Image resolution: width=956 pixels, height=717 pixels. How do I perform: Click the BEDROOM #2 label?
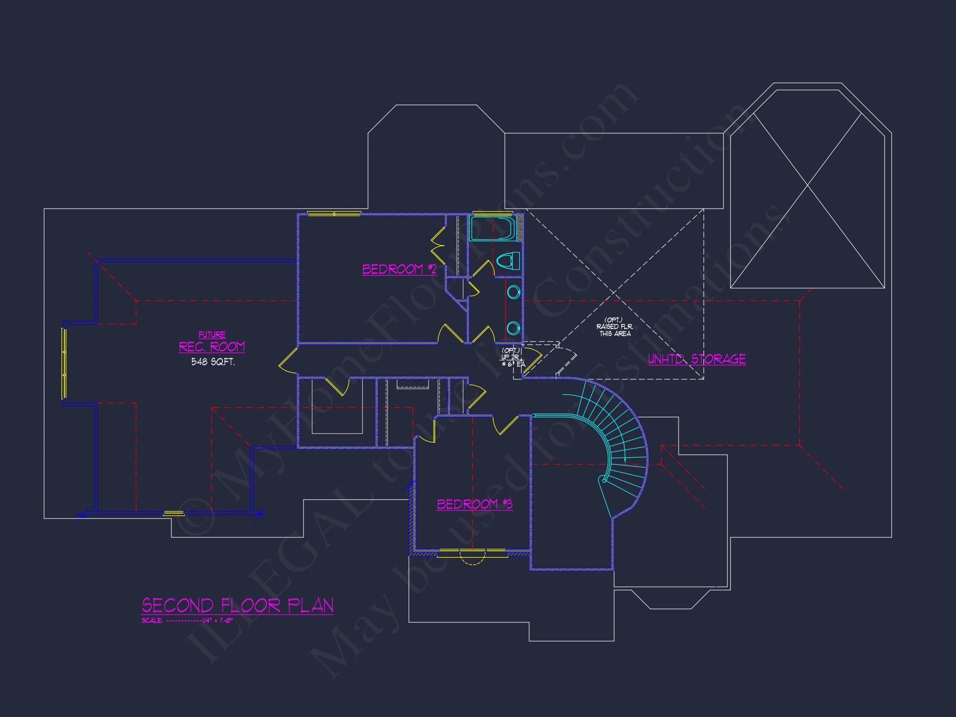tap(399, 269)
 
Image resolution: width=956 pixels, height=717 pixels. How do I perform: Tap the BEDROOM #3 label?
tap(474, 505)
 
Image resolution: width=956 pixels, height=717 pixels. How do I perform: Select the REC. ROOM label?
tap(212, 346)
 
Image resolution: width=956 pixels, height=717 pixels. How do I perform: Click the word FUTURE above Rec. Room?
tap(212, 334)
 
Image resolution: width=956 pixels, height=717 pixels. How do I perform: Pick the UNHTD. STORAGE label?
tap(697, 359)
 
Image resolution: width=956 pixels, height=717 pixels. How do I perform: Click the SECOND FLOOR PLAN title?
tap(238, 605)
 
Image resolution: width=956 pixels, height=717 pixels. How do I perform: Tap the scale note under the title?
tap(187, 621)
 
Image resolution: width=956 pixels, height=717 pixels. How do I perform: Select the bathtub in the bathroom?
tap(493, 229)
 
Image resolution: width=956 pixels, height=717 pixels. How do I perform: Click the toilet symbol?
tap(508, 261)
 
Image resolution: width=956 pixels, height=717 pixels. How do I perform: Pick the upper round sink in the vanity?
tap(513, 292)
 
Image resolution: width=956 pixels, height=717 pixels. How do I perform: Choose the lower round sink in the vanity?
tap(513, 329)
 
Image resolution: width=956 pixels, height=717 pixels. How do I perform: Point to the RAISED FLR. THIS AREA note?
tap(615, 327)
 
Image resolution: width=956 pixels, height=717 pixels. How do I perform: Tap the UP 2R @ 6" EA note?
tap(512, 357)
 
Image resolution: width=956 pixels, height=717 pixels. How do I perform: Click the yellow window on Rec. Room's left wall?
tap(64, 363)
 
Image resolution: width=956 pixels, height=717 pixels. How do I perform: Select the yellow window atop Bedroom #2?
tap(334, 214)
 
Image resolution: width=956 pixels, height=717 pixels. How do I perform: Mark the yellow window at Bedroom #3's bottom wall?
tap(472, 553)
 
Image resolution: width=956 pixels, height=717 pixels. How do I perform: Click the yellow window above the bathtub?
tap(493, 213)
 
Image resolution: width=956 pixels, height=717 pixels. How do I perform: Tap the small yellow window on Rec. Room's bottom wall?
tap(173, 513)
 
